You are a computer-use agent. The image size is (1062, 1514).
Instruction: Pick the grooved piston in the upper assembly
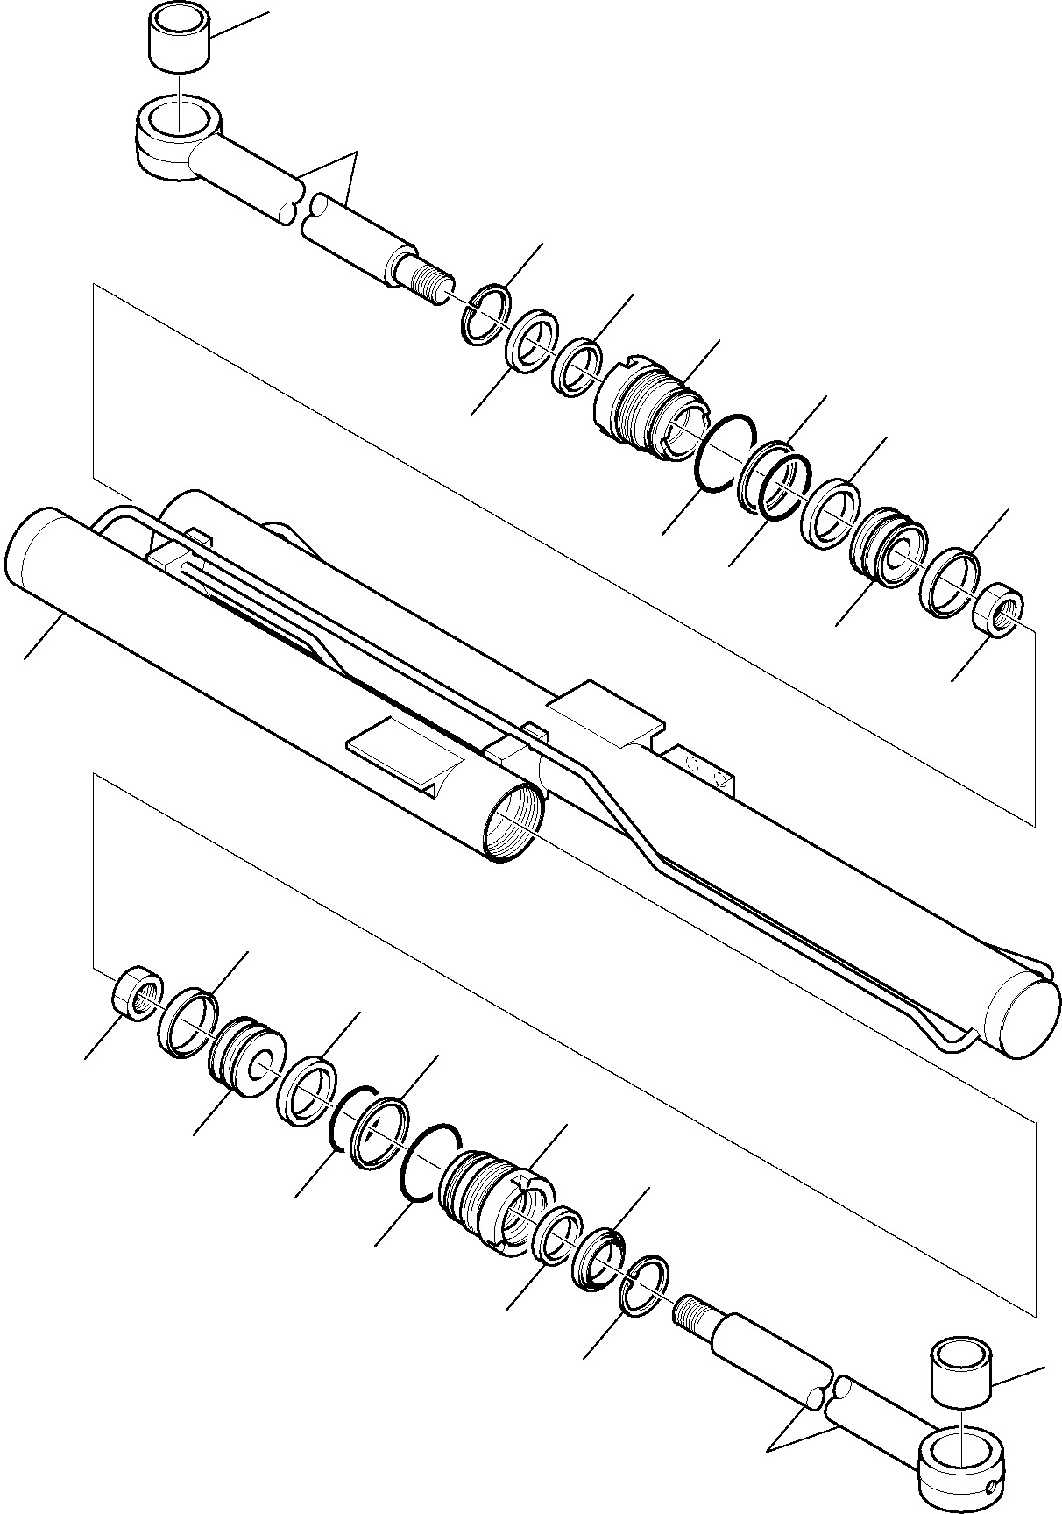[887, 540]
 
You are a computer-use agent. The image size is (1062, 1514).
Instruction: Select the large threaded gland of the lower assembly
[495, 1203]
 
